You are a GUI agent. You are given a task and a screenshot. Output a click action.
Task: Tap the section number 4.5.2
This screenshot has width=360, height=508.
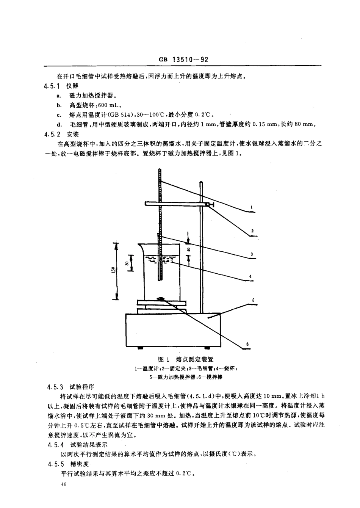coord(52,134)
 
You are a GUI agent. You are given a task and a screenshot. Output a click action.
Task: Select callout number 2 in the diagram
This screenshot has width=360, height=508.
coord(252,230)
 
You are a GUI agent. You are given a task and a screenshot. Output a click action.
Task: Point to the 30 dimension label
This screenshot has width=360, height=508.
coord(126,263)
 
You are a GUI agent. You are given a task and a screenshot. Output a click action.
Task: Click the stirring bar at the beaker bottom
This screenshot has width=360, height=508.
coord(161,299)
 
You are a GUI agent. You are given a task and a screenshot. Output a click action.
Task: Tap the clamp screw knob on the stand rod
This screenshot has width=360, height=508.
coord(211,205)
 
